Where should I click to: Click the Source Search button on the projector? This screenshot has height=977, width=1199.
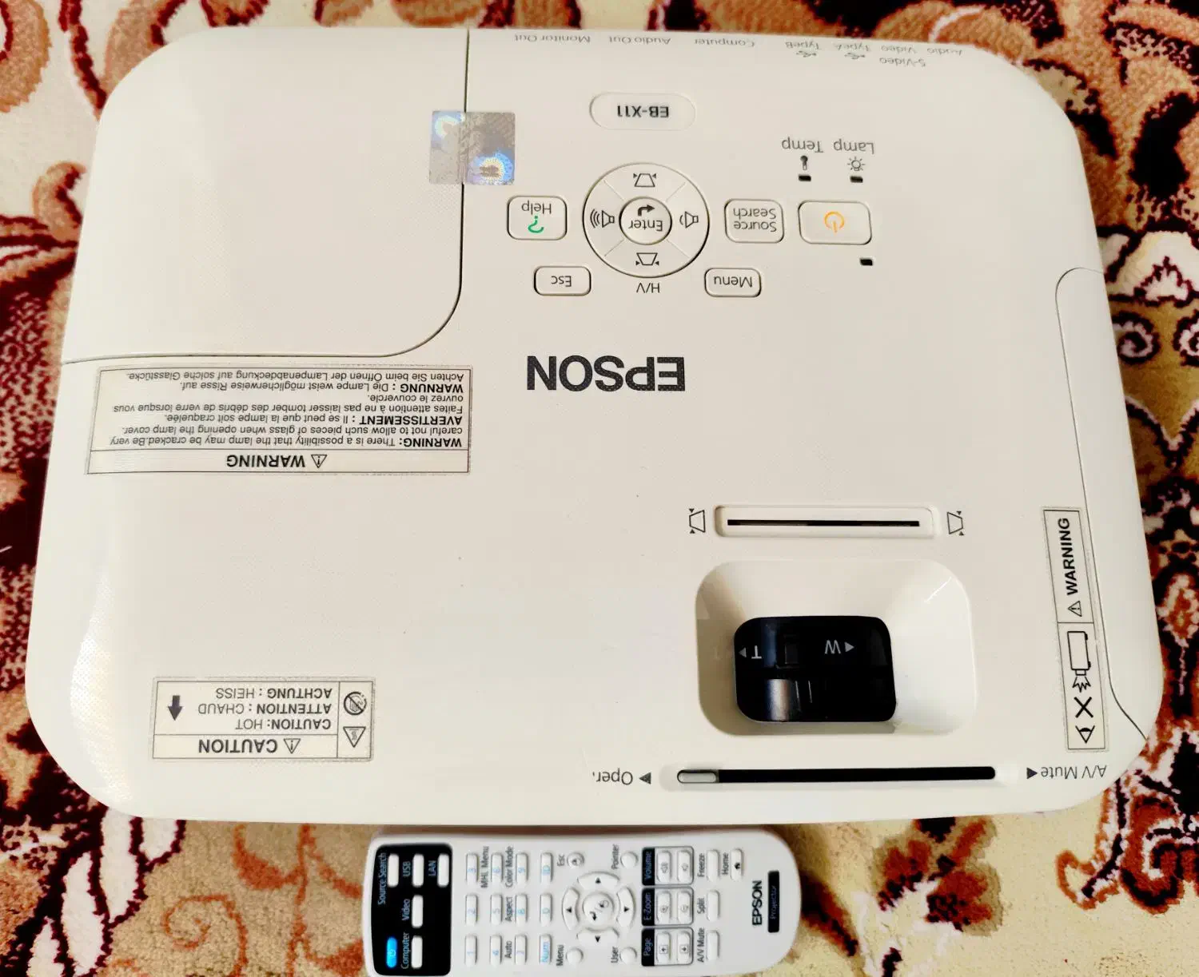tap(754, 219)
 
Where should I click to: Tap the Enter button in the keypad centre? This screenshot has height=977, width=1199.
tap(644, 220)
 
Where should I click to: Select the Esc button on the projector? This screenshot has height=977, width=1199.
tap(562, 280)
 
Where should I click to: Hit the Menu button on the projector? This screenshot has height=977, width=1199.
tap(732, 281)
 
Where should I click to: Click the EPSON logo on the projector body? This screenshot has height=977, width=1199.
tap(605, 374)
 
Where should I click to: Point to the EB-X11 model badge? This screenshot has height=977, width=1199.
tap(643, 111)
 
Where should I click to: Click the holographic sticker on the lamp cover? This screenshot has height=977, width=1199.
tap(472, 148)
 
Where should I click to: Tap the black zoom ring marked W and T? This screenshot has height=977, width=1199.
tap(813, 666)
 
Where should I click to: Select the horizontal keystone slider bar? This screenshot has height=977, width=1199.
tap(823, 522)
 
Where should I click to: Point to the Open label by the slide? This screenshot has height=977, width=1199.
tap(613, 776)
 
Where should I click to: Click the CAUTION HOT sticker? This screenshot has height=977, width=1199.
tap(262, 718)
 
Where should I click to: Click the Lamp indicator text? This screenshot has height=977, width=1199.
tap(854, 145)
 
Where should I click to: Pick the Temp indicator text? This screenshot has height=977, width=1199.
tap(802, 144)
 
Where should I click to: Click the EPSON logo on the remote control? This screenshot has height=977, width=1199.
tap(756, 902)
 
